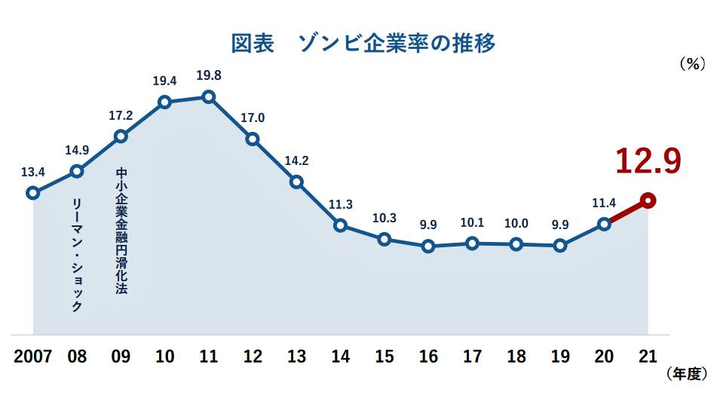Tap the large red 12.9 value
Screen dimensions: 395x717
click(648, 161)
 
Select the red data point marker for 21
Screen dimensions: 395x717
click(648, 201)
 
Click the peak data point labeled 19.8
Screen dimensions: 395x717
click(209, 96)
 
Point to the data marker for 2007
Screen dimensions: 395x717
click(32, 193)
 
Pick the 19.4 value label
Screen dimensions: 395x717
click(164, 80)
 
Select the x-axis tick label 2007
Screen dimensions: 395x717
click(32, 356)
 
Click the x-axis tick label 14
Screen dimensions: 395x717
click(341, 356)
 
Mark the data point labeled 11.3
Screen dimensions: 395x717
click(341, 225)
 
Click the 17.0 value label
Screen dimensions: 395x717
click(253, 118)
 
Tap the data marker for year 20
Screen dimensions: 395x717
click(604, 224)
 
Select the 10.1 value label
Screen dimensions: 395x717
click(472, 222)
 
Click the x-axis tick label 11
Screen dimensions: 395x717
click(209, 356)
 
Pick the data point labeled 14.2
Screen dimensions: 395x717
click(296, 182)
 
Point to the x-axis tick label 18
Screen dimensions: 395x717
click(516, 356)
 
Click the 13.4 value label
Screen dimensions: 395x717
click(32, 172)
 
